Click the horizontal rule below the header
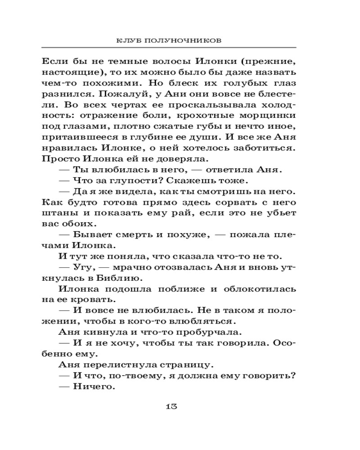[x=168, y=48]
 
